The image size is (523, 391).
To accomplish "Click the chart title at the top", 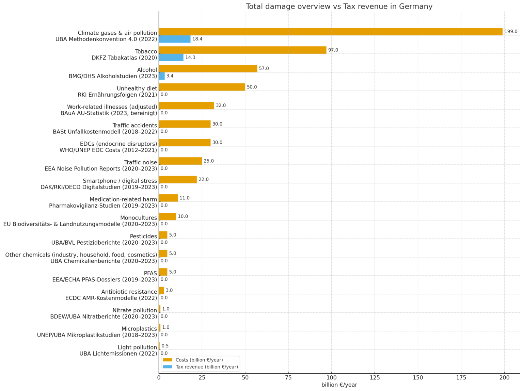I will [339, 6].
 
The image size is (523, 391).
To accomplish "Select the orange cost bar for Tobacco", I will [242, 50].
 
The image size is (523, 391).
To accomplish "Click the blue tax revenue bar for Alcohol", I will [162, 76].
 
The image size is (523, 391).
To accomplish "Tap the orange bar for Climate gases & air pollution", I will [330, 32].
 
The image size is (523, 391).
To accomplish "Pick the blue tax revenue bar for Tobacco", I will [171, 58].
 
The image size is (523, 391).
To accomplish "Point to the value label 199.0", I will [510, 32].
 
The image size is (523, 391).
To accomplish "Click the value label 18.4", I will [197, 39].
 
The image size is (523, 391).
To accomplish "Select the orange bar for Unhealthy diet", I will [202, 87].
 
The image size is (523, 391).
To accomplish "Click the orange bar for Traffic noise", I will [180, 161].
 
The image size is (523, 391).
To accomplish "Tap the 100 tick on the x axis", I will [331, 377].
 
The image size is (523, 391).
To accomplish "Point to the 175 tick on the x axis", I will [461, 377].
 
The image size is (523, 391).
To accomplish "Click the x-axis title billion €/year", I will [339, 385].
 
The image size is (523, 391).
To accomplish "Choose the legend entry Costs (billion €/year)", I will [199, 360].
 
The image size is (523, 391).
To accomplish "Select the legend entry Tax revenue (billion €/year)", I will [207, 367].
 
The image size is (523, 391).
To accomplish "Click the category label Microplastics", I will [139, 329].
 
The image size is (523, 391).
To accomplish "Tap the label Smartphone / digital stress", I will [120, 181].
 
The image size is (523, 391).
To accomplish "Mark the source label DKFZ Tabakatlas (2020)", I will [124, 58].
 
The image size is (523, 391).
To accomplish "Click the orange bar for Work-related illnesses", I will [186, 105].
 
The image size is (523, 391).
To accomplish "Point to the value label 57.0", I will [264, 69].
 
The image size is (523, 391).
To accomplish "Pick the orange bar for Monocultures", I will [167, 216].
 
